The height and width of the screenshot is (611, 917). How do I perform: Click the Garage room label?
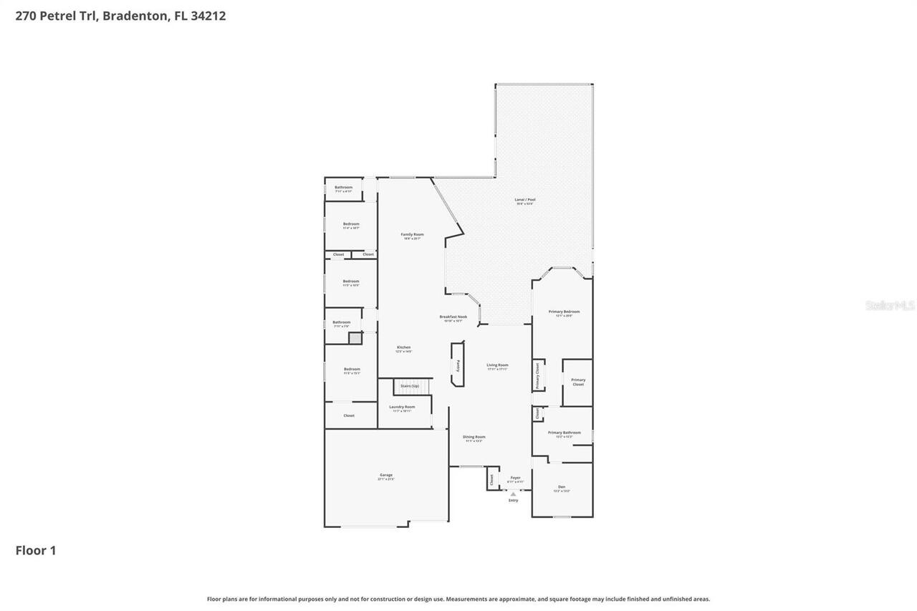[x=386, y=476]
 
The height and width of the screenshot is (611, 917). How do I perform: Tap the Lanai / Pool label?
[x=525, y=200]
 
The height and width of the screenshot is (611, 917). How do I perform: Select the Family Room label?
[x=412, y=235]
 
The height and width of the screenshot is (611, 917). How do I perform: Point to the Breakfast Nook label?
[x=453, y=317]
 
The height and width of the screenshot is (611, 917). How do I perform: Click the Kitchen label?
[x=404, y=348]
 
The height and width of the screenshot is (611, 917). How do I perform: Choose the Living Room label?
[x=497, y=365]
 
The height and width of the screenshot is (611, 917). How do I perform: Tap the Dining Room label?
[x=474, y=437]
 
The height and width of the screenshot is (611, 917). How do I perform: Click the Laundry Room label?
[x=402, y=407]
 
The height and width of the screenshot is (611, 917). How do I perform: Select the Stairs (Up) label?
[x=410, y=386]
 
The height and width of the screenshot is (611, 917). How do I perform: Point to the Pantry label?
[x=457, y=365]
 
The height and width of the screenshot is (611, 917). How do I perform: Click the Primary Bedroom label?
[x=564, y=312]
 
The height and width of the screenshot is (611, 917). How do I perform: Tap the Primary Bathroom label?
[x=564, y=433]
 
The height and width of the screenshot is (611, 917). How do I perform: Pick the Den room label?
[x=562, y=487]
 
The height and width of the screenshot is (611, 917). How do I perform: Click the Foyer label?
[x=515, y=478]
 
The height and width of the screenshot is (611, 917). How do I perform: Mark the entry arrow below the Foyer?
[x=513, y=494]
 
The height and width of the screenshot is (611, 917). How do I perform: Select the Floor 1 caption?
[x=36, y=551]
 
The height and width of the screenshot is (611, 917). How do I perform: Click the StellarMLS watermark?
[x=890, y=306]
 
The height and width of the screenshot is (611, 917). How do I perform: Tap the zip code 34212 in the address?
[x=208, y=16]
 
